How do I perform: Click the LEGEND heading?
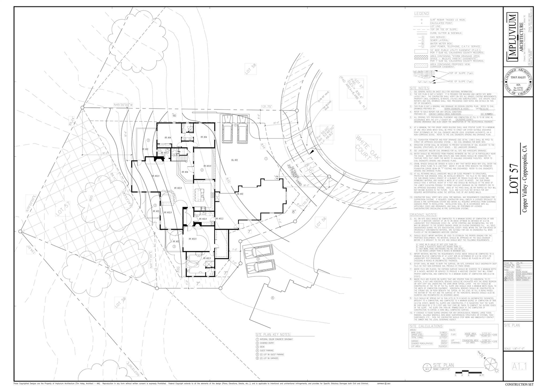pos(421,14)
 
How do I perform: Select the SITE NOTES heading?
pos(420,88)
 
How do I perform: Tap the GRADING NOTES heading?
pos(423,214)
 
